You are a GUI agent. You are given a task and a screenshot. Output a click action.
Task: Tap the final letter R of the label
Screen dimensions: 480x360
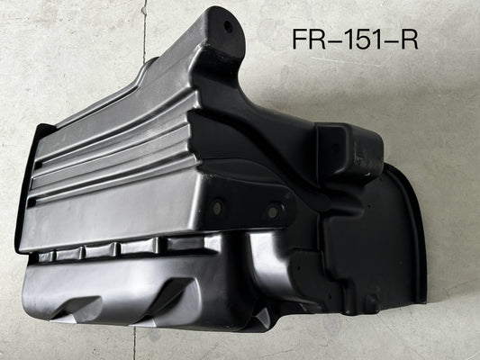(x=409, y=39)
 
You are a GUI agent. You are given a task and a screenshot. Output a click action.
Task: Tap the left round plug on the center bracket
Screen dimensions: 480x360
(x=218, y=206)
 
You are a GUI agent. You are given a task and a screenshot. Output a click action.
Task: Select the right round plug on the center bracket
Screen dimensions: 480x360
(x=272, y=211)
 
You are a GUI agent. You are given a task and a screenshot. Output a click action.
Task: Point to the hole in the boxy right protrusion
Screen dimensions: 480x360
(x=336, y=148)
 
